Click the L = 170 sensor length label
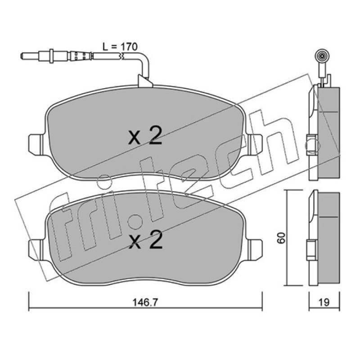120,47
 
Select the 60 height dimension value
281,238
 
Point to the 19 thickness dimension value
324,302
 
